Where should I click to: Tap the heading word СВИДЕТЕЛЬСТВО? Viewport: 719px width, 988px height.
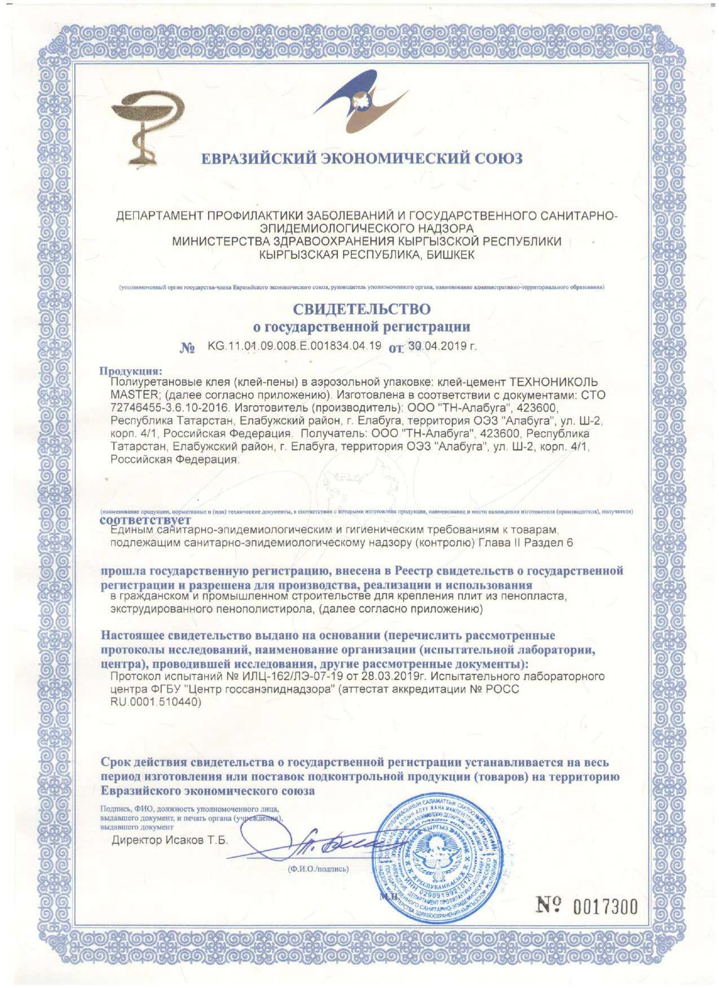click(361, 309)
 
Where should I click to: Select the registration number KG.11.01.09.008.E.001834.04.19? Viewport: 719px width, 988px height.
click(294, 346)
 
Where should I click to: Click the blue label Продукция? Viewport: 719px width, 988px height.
click(131, 371)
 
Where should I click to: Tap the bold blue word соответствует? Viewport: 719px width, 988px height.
click(145, 520)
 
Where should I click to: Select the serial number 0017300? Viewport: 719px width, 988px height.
click(605, 907)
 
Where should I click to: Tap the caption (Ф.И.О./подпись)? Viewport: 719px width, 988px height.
click(318, 869)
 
